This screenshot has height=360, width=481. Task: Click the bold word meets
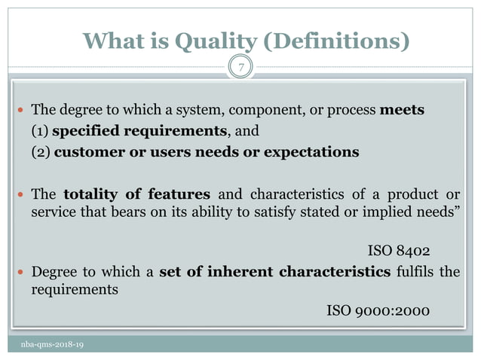click(402, 110)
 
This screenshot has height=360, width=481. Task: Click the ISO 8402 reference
click(399, 250)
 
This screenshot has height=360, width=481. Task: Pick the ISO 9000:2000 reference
click(378, 310)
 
